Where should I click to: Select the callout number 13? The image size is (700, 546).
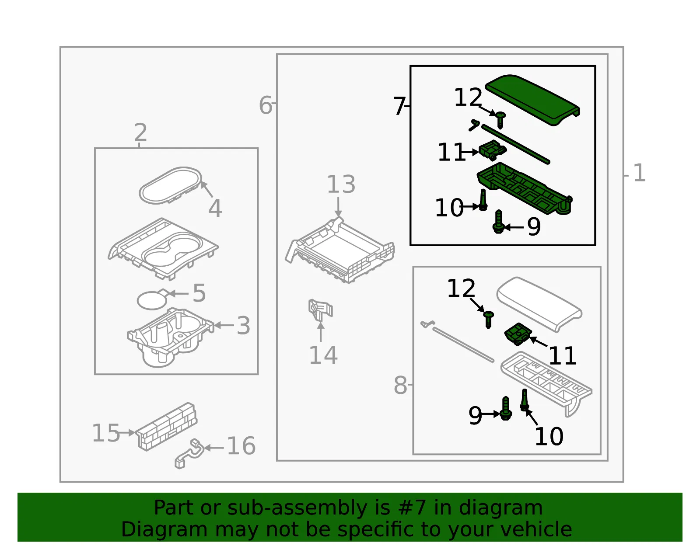coord(341,184)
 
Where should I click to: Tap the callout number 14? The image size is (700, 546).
coord(323,355)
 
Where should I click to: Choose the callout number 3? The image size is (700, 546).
coord(243,326)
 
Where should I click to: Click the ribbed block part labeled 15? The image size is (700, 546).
coord(166,427)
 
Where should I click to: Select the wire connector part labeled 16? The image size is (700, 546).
coord(189,454)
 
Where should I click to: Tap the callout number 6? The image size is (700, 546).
coord(266,105)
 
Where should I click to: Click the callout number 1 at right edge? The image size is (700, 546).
coord(640,173)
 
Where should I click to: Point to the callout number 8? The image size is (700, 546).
coord(400,385)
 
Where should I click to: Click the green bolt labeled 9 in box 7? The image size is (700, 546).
coord(499,222)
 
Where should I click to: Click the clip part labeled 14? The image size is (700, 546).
coord(320,310)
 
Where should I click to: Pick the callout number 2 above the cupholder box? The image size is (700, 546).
coord(141,132)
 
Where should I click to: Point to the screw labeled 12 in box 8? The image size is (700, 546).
coord(488,320)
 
